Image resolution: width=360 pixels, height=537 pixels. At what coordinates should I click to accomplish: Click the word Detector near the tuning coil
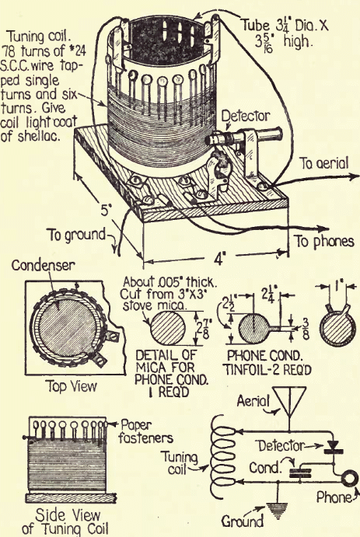click(246, 117)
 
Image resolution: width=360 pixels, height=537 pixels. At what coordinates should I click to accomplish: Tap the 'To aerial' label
click(324, 163)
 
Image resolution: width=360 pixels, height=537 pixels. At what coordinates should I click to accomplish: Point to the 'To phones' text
click(324, 242)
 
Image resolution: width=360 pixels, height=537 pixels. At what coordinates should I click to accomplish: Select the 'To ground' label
click(77, 235)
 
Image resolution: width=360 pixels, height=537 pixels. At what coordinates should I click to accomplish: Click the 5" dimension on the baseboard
click(105, 211)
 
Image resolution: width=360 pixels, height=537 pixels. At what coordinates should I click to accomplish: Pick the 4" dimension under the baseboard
click(219, 259)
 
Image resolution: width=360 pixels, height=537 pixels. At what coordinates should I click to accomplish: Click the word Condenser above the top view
click(43, 265)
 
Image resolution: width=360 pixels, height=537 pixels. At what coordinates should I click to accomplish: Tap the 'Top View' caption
click(72, 386)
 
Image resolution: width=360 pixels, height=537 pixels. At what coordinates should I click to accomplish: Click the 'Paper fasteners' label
click(146, 431)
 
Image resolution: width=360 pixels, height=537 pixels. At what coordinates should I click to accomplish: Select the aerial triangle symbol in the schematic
click(291, 398)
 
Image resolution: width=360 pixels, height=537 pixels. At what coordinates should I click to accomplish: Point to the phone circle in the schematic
click(349, 479)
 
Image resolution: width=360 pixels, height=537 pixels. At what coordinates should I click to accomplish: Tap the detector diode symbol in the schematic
click(334, 447)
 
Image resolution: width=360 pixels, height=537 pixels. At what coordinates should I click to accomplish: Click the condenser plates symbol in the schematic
click(301, 472)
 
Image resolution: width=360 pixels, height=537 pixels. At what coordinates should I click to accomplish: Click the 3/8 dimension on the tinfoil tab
click(306, 328)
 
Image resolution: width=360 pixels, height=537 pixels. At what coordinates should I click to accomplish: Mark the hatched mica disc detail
click(168, 328)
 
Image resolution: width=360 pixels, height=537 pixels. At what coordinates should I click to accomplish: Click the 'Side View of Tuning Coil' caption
click(65, 522)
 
